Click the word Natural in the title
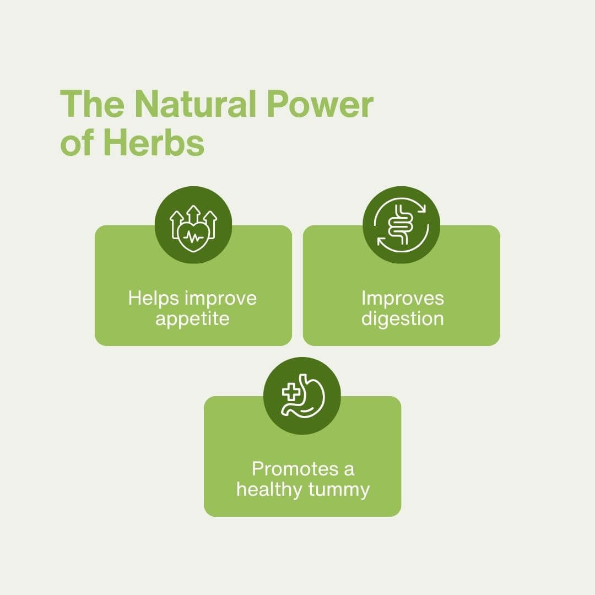[x=196, y=104]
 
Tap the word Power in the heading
[x=320, y=104]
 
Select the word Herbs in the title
[x=154, y=143]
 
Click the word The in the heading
[x=92, y=104]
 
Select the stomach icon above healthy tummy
[x=304, y=396]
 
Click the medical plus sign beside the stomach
[x=291, y=391]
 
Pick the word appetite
[x=192, y=318]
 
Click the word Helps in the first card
[x=153, y=298]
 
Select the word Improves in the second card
[x=403, y=299]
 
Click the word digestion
[x=403, y=318]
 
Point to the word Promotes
[x=295, y=469]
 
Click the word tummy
[x=339, y=490]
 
